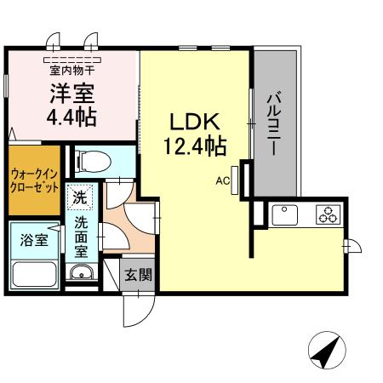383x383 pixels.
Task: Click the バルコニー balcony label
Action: click(x=274, y=123)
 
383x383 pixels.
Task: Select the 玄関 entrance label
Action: click(x=137, y=276)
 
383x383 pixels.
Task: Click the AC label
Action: click(x=223, y=180)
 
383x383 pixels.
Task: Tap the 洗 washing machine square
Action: click(x=79, y=197)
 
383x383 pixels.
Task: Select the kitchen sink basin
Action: click(x=283, y=214)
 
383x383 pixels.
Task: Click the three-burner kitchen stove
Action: click(x=327, y=214)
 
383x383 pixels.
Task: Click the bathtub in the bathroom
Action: click(x=33, y=274)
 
